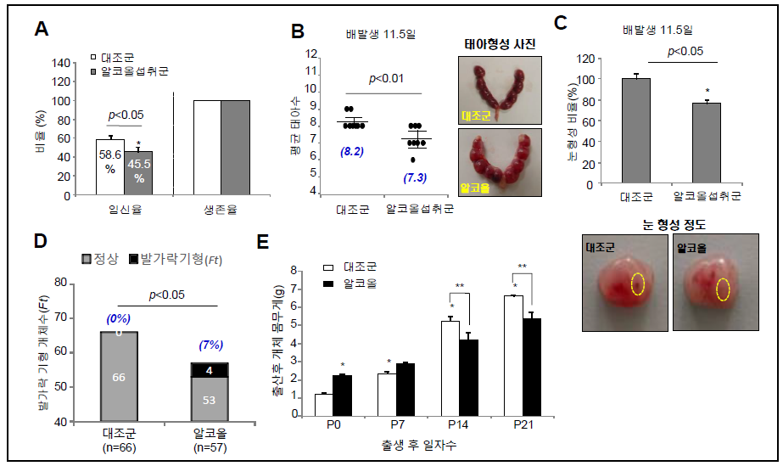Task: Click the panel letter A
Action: pos(40,31)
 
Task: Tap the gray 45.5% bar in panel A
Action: pos(138,173)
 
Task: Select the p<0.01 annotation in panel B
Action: pos(386,79)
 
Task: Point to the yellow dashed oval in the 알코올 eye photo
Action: pos(724,289)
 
